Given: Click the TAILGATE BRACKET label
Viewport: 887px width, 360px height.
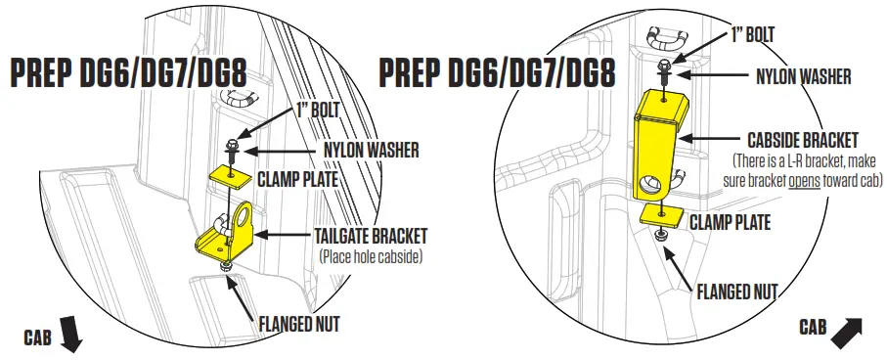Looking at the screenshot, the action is [x=371, y=236].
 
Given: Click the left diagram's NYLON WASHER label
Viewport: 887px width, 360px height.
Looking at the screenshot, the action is [x=371, y=151].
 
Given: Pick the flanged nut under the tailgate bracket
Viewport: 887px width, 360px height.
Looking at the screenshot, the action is [x=227, y=264].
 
